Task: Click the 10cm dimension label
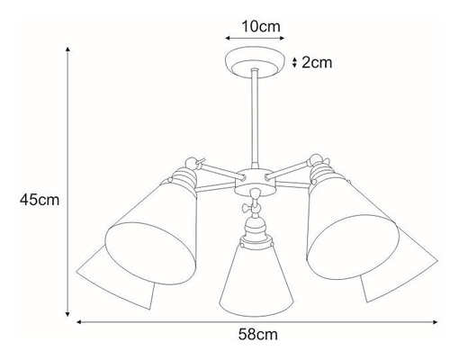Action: click(261, 27)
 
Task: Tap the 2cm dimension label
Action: click(317, 63)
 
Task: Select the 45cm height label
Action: click(40, 200)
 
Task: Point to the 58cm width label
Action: click(258, 334)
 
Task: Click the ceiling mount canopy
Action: click(255, 62)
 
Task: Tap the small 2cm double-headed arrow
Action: click(294, 62)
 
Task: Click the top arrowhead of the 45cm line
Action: click(67, 49)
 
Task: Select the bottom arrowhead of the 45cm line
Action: click(67, 314)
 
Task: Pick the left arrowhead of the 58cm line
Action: click(79, 322)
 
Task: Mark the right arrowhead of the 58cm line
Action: click(435, 322)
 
